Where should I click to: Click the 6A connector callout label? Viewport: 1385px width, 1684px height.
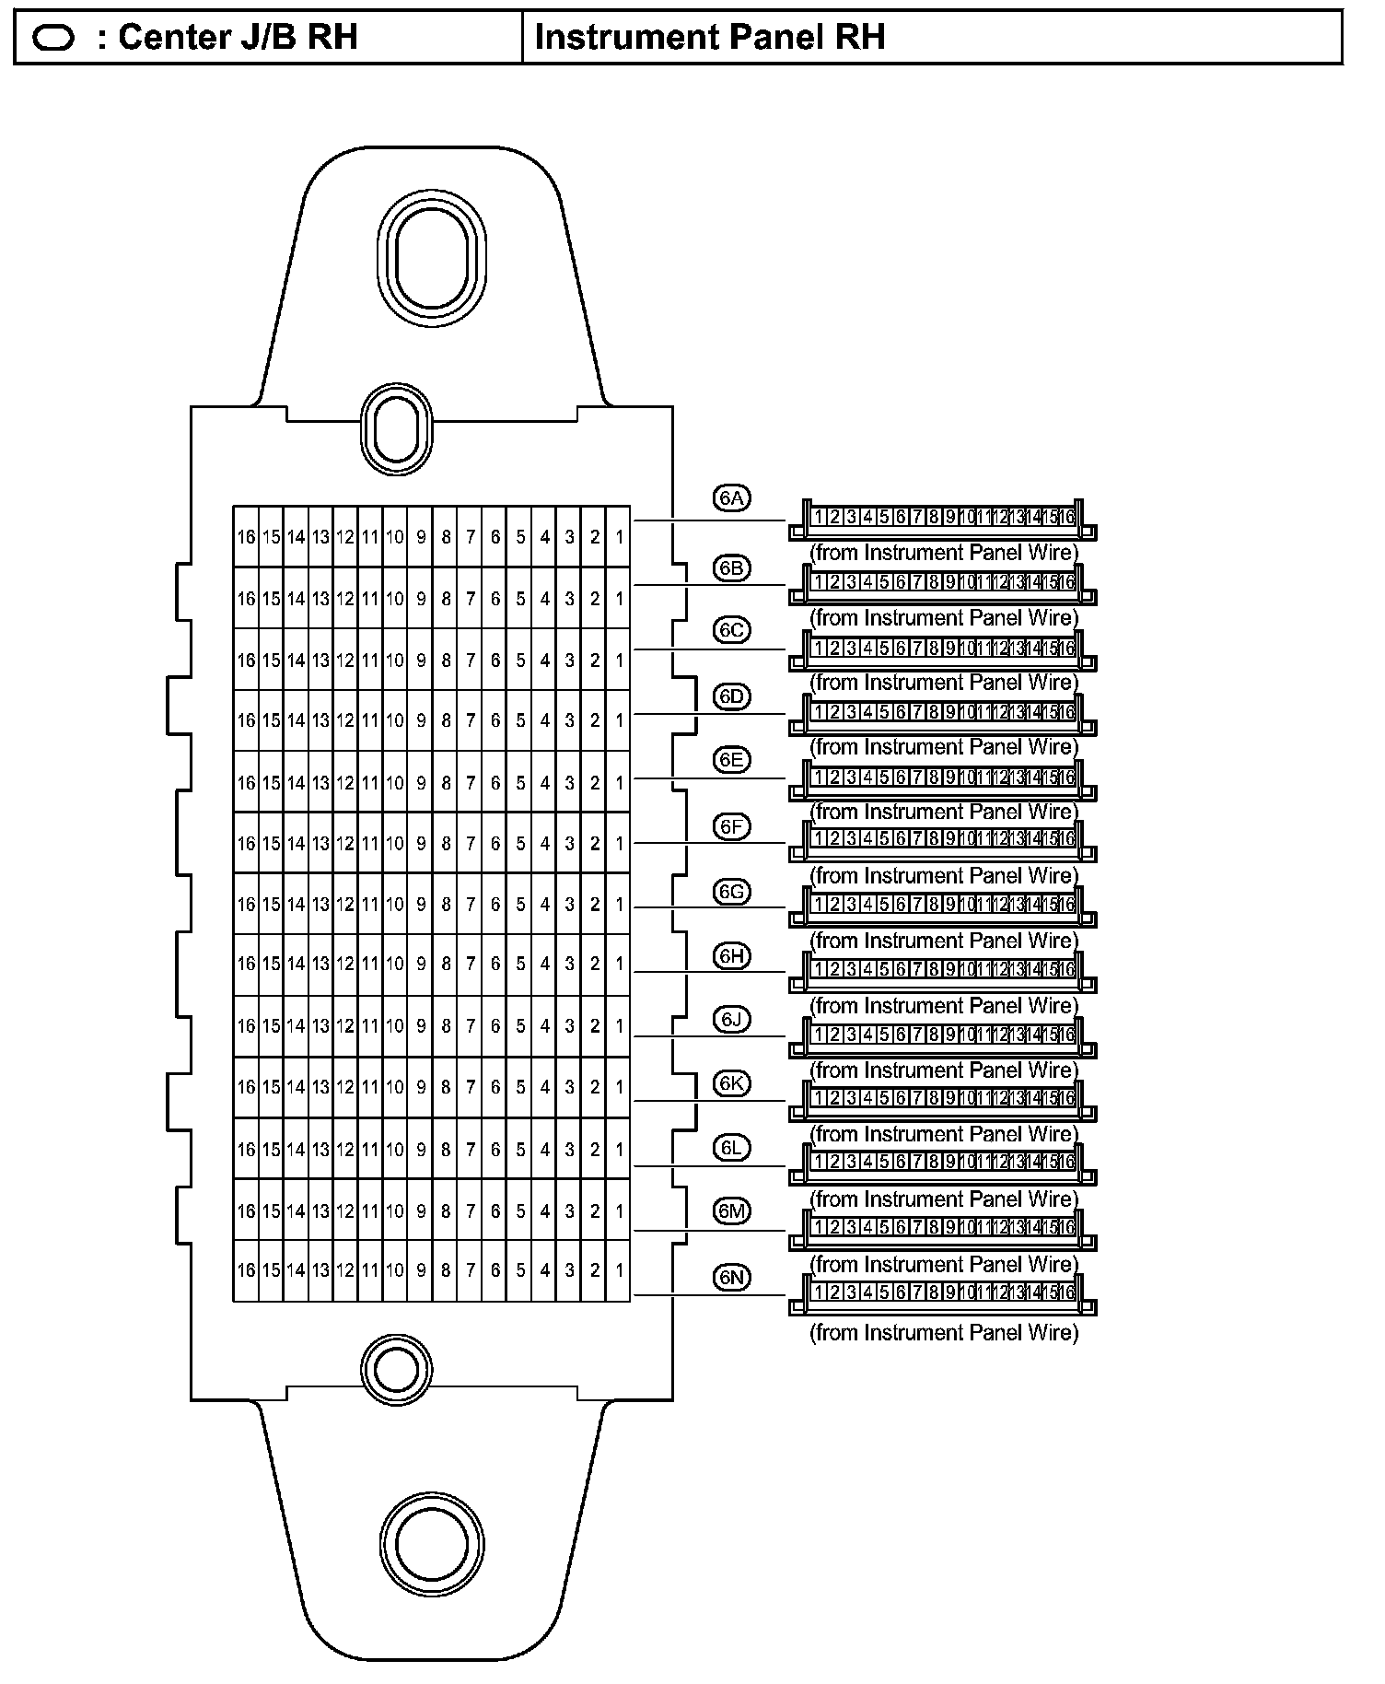[x=732, y=498]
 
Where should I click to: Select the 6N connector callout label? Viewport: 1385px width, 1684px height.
[x=732, y=1277]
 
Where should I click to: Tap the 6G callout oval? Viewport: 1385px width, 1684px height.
[x=732, y=892]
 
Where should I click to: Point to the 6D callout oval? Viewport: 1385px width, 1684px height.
[x=732, y=696]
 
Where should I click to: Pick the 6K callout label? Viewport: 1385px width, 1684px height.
[x=732, y=1083]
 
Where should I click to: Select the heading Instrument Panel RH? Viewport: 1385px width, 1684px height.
[x=709, y=38]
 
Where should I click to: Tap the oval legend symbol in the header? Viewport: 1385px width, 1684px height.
[x=53, y=39]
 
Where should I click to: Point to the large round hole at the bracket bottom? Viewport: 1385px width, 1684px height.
[x=431, y=1544]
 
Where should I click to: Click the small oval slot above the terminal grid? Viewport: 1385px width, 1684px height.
[x=396, y=430]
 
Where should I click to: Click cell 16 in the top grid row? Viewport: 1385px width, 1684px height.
[x=246, y=536]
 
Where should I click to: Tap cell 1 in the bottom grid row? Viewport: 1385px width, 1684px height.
[x=620, y=1271]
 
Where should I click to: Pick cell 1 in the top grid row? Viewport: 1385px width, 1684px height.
[x=620, y=536]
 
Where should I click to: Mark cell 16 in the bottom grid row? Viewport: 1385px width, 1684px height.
[x=246, y=1271]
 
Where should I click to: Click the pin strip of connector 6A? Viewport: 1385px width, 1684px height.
[x=943, y=518]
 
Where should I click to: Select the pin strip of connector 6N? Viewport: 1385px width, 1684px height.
[x=943, y=1292]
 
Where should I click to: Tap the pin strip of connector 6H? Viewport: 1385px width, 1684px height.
[x=943, y=969]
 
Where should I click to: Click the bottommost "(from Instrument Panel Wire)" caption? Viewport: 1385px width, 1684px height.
[x=943, y=1333]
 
